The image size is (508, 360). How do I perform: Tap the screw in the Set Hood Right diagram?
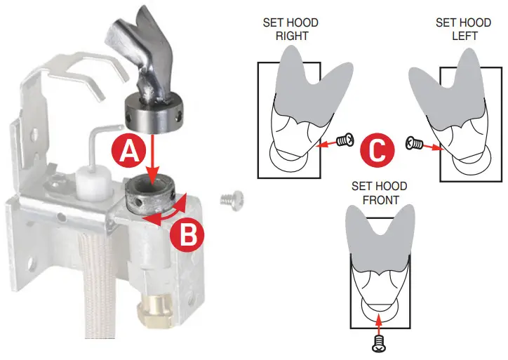pyautogui.click(x=344, y=141)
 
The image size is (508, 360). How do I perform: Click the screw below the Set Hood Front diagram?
pyautogui.click(x=380, y=344)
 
